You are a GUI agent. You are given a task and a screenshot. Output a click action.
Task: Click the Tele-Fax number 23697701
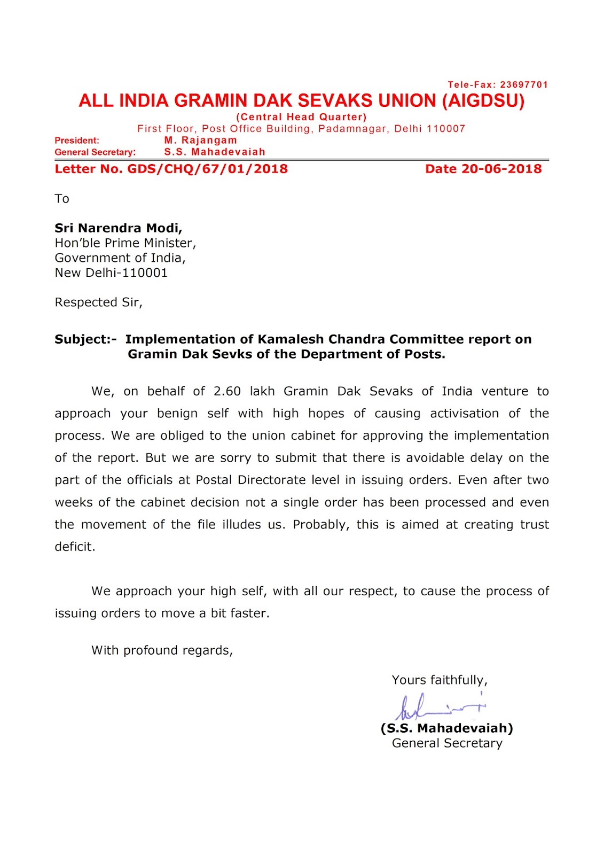pos(524,84)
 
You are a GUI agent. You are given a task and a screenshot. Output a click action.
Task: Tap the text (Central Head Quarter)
pos(301,117)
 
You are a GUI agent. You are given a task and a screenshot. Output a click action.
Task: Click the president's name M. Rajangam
pos(200,140)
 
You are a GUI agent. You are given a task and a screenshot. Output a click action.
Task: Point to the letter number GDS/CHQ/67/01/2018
pos(207,169)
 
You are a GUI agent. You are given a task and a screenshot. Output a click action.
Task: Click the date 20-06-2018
pos(501,169)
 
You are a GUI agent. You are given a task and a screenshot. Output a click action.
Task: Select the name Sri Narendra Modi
pos(118,228)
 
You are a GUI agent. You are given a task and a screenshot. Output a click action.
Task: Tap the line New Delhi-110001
pos(111,273)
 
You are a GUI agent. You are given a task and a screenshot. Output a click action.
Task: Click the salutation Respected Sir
pos(98,302)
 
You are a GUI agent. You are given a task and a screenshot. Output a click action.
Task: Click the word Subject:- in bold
pos(85,339)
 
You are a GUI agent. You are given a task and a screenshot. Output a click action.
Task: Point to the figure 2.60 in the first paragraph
pos(227,391)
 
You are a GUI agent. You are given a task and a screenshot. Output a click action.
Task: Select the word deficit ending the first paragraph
pos(75,547)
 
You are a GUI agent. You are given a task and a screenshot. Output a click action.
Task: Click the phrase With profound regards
pos(162,650)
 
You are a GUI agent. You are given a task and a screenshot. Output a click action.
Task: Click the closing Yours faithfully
pos(440,680)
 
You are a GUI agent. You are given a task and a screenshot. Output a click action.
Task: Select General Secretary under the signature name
pos(447,743)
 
